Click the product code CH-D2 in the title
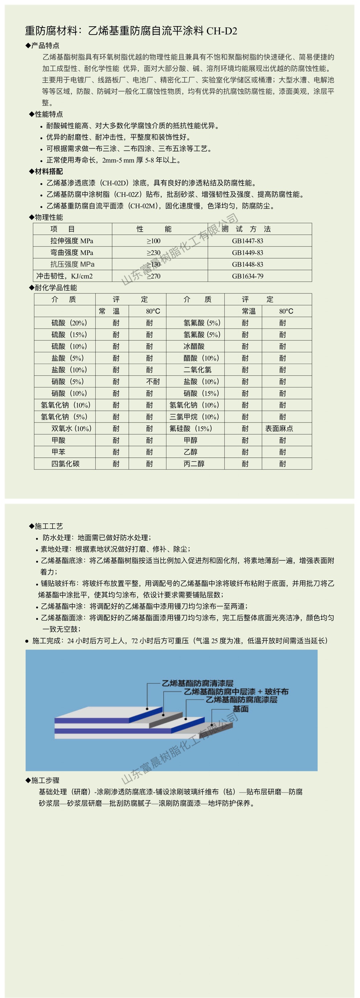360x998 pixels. (222, 31)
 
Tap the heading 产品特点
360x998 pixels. (45, 46)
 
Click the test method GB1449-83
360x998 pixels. (247, 252)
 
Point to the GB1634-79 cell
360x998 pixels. (247, 276)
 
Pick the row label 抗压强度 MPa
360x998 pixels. (72, 264)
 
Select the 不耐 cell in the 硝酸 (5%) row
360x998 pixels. (153, 382)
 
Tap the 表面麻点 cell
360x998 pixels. (279, 428)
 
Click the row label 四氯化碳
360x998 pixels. (65, 464)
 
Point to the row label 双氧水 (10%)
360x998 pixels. (71, 428)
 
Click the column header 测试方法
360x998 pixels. (246, 229)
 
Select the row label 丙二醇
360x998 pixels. (194, 464)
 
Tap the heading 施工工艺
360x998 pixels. (48, 526)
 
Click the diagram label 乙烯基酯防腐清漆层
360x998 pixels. (197, 683)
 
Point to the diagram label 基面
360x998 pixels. (240, 709)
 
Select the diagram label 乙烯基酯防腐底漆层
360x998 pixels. (241, 700)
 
